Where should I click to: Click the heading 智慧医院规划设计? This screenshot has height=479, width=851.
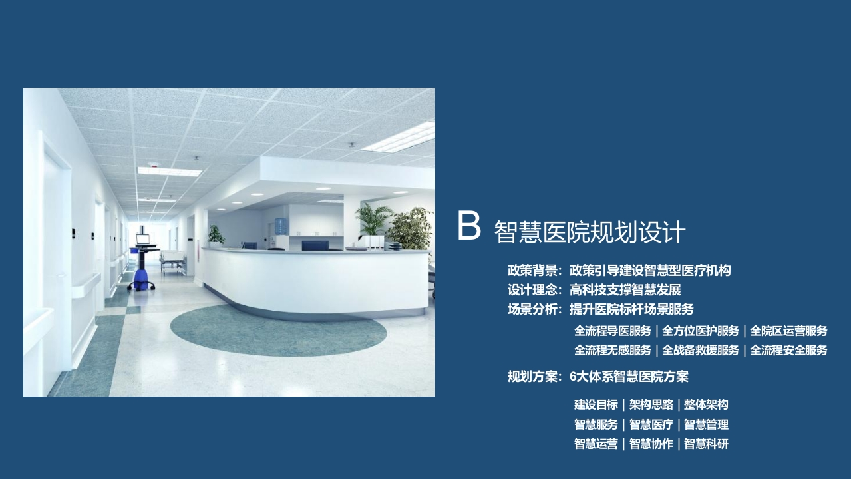pos(590,232)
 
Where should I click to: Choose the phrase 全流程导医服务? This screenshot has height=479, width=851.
pos(612,331)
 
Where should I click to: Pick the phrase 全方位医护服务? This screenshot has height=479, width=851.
pos(700,331)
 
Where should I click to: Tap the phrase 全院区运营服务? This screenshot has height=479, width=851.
pos(788,331)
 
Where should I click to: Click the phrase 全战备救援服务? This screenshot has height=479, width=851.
pos(700,350)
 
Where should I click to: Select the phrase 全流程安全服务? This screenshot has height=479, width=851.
pos(788,350)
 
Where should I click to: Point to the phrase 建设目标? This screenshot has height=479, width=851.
pos(596,405)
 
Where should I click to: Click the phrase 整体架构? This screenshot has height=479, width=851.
pos(706,405)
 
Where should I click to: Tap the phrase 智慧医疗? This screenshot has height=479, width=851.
pos(651,424)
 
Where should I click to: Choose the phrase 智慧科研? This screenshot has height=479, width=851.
pos(706,444)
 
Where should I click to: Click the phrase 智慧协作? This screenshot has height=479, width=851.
pos(651,444)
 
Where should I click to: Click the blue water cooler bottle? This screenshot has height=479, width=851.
pos(281,226)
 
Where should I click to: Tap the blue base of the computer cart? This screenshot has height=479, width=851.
pos(141,279)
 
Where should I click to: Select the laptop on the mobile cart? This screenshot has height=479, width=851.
pos(143,239)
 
